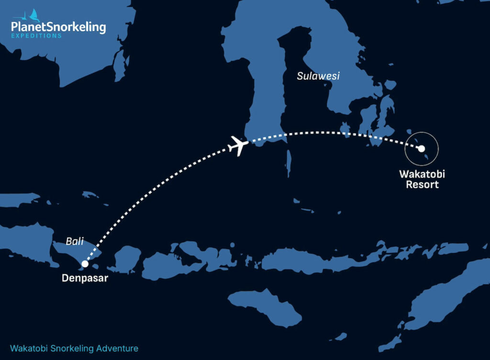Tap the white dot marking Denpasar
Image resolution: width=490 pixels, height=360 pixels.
pyautogui.click(x=85, y=263)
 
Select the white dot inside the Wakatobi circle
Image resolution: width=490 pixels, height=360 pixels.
pyautogui.click(x=421, y=149)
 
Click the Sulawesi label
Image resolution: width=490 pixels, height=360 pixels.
pyautogui.click(x=318, y=76)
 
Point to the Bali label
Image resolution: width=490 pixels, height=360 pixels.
pyautogui.click(x=75, y=241)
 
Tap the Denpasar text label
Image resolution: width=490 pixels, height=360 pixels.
pyautogui.click(x=85, y=278)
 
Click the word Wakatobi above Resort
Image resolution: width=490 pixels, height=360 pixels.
pyautogui.click(x=422, y=174)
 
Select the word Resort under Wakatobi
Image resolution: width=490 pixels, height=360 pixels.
pyautogui.click(x=422, y=185)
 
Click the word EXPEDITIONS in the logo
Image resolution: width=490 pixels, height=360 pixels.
pyautogui.click(x=36, y=36)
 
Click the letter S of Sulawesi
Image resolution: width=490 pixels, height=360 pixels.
pyautogui.click(x=300, y=76)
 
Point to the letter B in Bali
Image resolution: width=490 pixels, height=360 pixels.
pyautogui.click(x=68, y=241)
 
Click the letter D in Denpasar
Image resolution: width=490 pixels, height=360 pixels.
pyautogui.click(x=65, y=278)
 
